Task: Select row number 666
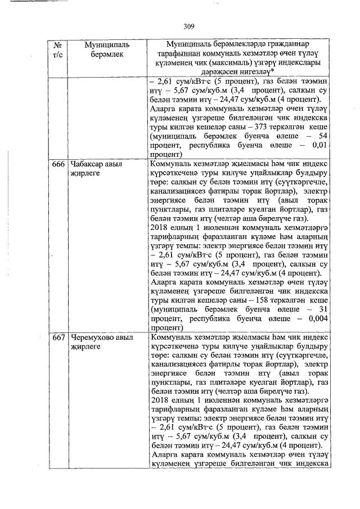(x=58, y=164)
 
